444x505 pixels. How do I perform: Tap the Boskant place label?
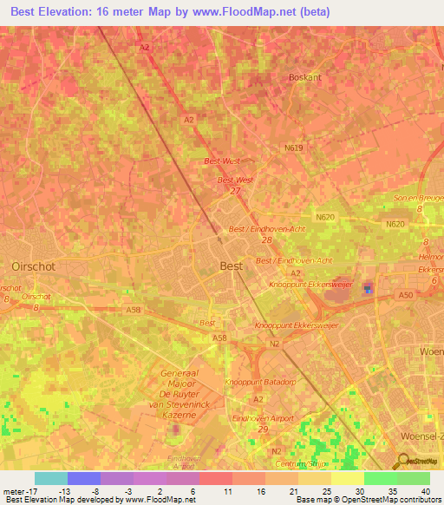coord(304,77)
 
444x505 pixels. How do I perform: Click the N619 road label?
coord(294,148)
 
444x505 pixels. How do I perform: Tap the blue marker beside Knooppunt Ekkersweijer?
coord(367,288)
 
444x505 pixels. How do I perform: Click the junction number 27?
coord(234,190)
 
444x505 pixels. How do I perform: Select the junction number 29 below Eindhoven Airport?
coord(264,429)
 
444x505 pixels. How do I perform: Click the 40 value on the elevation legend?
coord(425,490)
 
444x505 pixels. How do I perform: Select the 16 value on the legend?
coord(260,490)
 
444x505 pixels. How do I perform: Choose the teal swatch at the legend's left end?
coord(50,478)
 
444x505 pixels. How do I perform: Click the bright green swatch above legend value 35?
coord(380,478)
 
